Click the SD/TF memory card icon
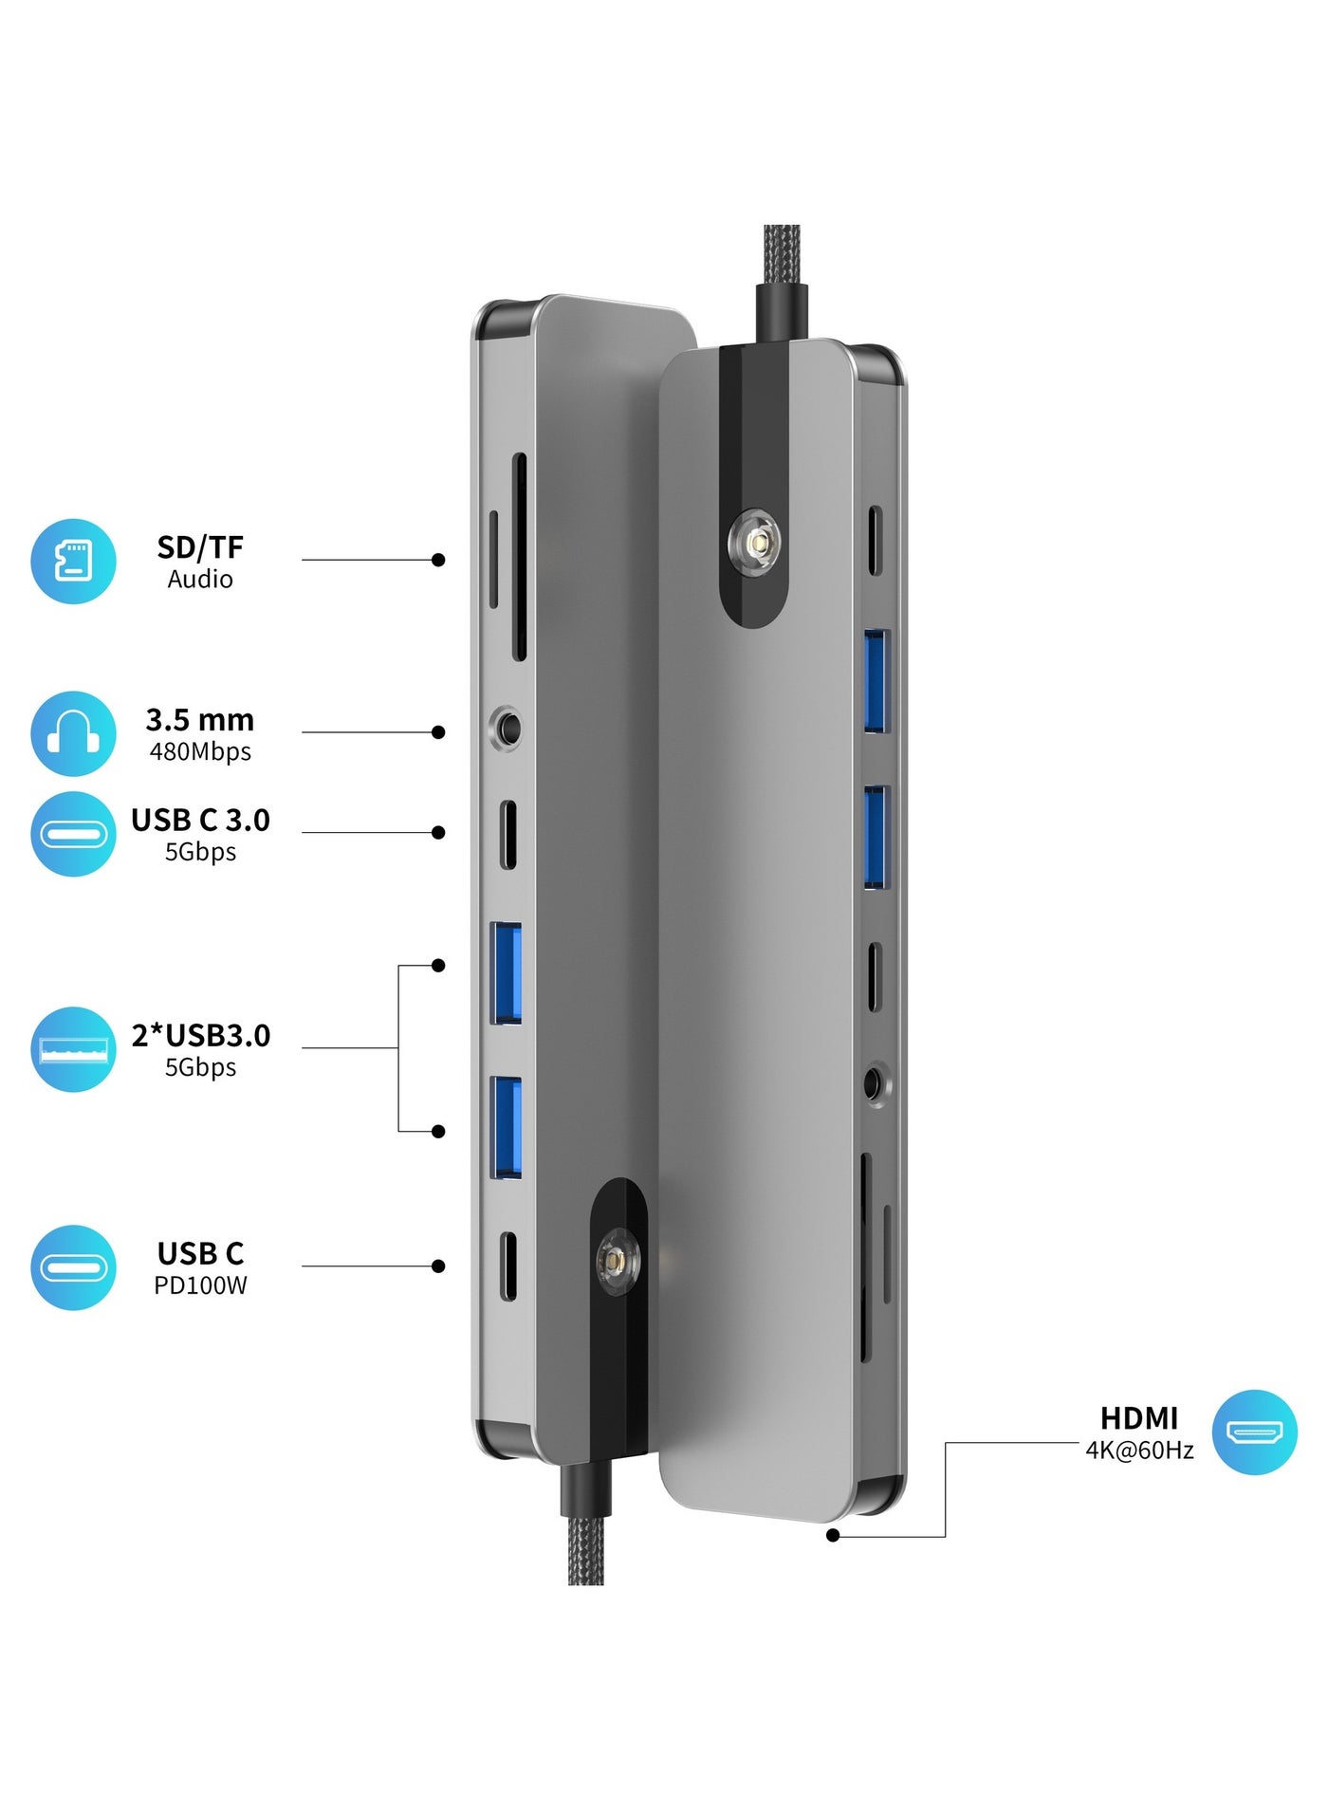click(73, 561)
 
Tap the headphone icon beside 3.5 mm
click(73, 733)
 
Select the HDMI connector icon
click(1254, 1432)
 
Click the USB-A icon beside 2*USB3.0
click(73, 1049)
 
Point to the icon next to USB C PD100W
click(73, 1267)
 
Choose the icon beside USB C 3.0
click(73, 834)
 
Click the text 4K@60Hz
click(1139, 1450)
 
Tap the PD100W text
click(200, 1285)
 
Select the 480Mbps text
click(200, 751)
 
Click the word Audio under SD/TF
click(200, 579)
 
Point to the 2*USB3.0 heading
click(201, 1035)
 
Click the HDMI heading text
click(1139, 1418)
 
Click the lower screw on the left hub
click(618, 1263)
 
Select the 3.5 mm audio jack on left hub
click(508, 730)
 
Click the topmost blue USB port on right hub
click(876, 681)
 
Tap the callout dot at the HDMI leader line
click(833, 1535)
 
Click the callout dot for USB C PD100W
click(438, 1266)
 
